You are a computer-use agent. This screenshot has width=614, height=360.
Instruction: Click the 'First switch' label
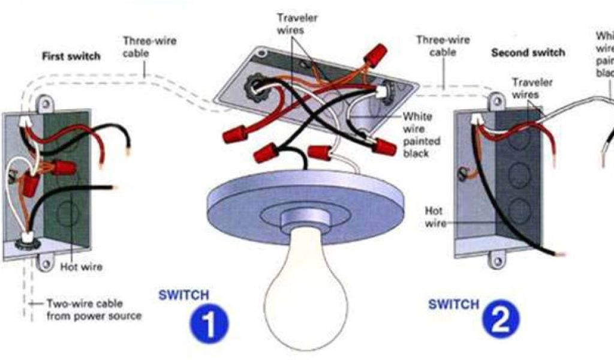tap(71, 56)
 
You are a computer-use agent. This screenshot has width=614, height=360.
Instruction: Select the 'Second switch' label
tap(528, 53)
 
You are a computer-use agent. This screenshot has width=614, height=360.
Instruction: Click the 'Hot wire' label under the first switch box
tap(81, 266)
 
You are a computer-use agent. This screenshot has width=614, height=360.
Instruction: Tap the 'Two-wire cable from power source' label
tap(94, 310)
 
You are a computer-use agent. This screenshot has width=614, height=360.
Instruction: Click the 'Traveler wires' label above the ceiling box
tap(298, 23)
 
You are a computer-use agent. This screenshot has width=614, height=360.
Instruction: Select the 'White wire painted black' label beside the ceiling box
tap(422, 135)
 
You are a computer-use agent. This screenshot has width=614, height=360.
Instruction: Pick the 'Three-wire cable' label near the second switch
tap(443, 46)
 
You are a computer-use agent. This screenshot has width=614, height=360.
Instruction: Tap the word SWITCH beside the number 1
tap(183, 295)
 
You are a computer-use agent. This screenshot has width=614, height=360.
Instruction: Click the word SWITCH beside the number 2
tap(453, 304)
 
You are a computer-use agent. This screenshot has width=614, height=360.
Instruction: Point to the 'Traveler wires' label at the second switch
tap(532, 88)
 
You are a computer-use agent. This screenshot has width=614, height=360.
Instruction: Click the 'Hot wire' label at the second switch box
tap(435, 217)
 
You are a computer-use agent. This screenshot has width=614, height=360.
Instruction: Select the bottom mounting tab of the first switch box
tap(45, 262)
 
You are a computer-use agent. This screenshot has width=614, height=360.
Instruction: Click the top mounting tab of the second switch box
tap(496, 100)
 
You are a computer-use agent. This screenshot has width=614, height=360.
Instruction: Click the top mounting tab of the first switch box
tap(44, 104)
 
